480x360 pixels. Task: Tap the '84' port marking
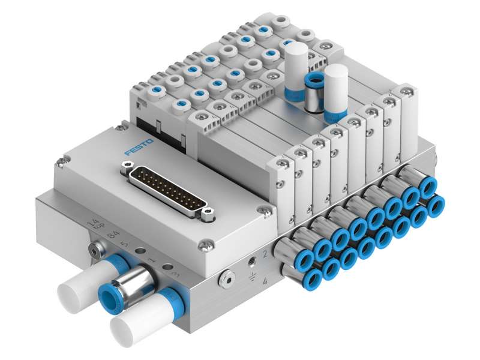[x=111, y=233]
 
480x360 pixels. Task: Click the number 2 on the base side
[x=265, y=256]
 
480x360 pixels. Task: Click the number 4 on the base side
[x=264, y=281]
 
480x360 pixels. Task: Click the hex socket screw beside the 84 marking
[x=93, y=246]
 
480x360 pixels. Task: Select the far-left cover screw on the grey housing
[x=60, y=161]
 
